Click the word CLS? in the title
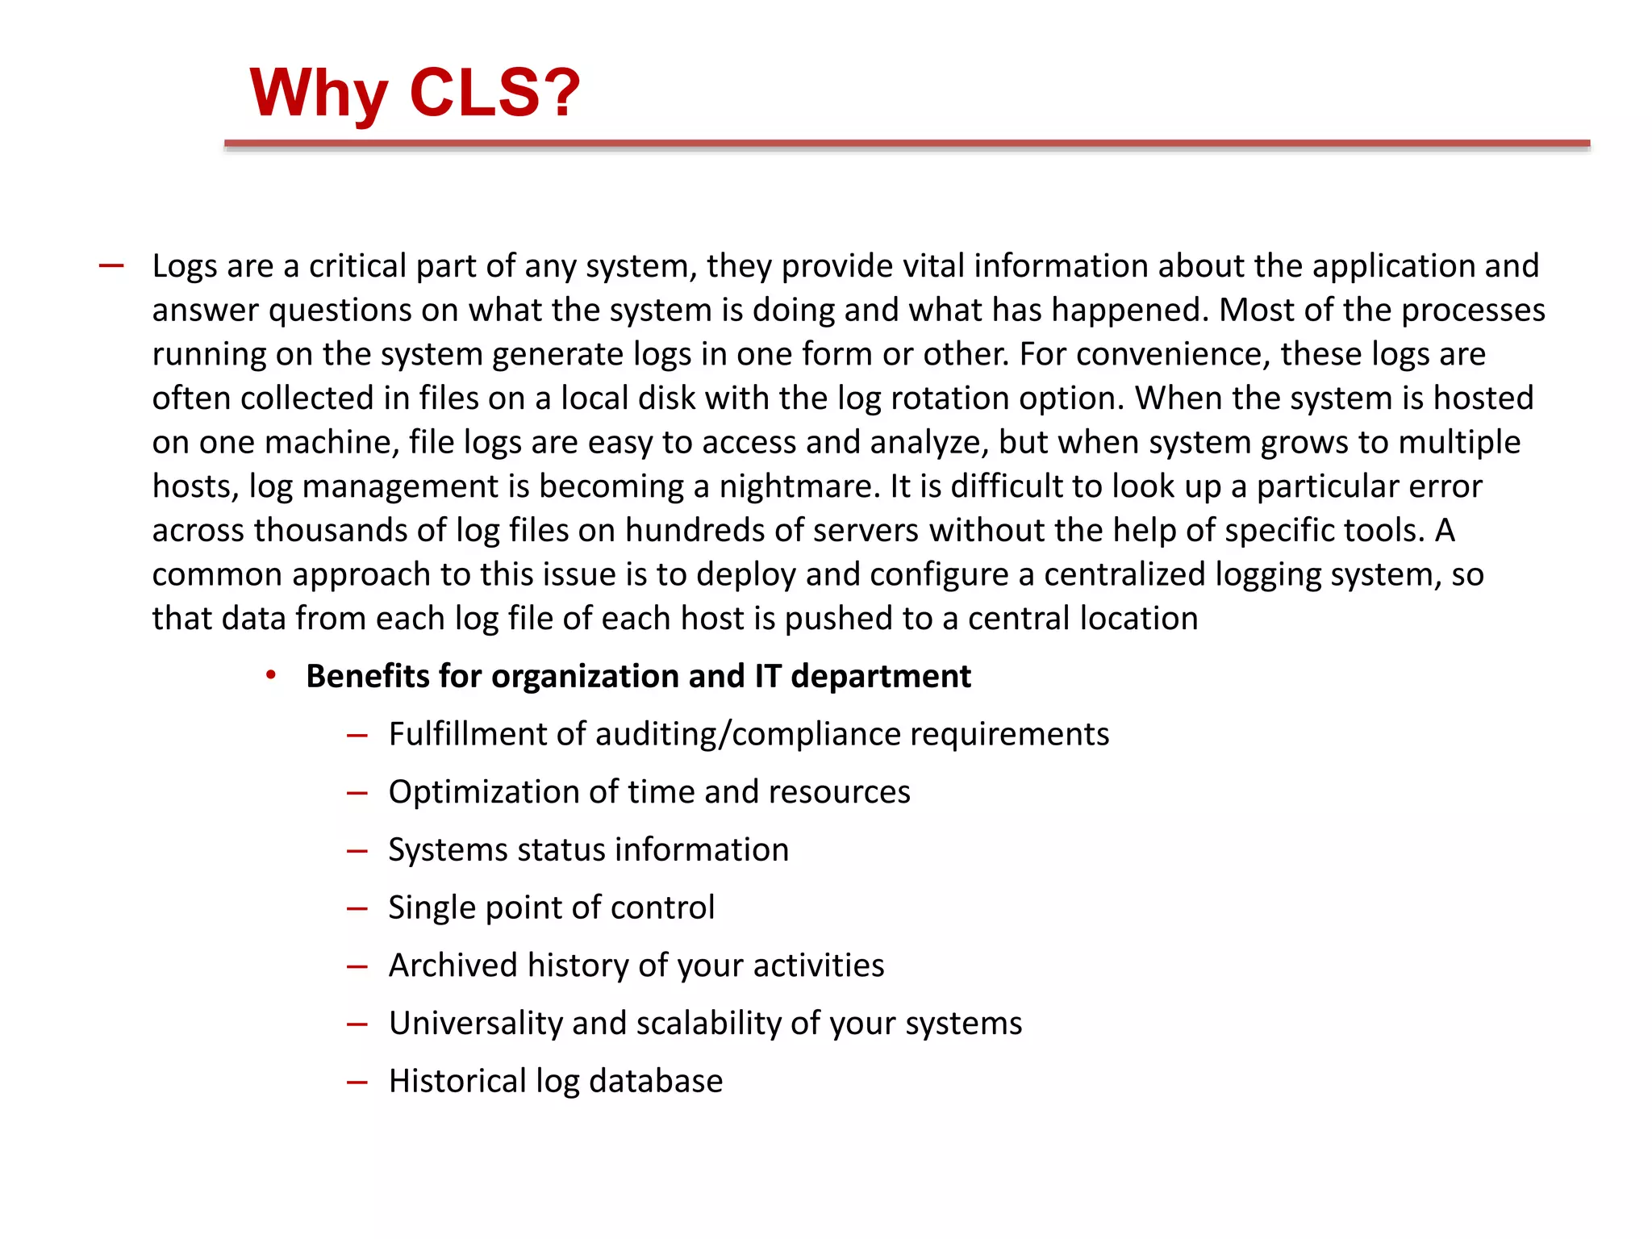coord(494,93)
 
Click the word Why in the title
coord(319,93)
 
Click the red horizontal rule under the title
coord(907,144)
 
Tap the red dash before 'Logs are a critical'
coord(111,266)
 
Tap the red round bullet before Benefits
coord(271,675)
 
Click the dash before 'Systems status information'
coord(357,851)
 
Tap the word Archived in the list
coord(453,966)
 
